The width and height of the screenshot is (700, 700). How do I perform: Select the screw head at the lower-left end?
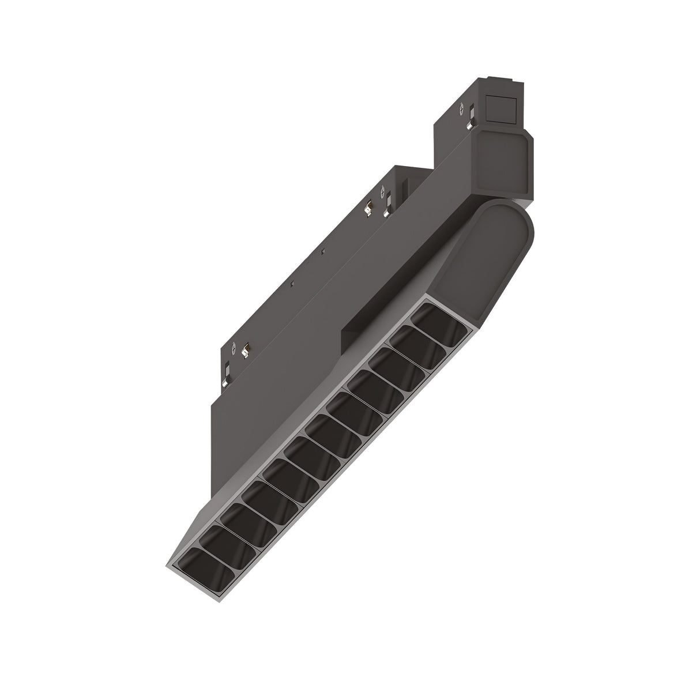point(234,347)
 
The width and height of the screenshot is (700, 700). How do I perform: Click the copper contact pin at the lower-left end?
point(246,349)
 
